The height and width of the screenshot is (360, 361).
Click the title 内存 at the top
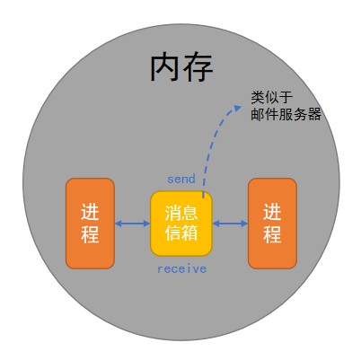pos(181,67)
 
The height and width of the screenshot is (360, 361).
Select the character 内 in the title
pos(164,67)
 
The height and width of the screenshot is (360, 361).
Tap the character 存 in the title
pos(198,67)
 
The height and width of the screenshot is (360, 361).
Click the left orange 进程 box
pos(90,224)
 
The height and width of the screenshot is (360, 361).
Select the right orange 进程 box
pos(272,224)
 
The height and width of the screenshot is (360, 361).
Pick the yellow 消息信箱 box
pos(181,224)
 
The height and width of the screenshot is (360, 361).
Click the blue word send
pos(181,179)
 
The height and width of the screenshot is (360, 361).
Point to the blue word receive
pos(182,268)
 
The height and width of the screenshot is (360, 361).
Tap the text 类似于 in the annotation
pos(272,98)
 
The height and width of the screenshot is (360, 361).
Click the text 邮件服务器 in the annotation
pos(286,114)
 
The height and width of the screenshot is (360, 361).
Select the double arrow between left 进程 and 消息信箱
pos(132,224)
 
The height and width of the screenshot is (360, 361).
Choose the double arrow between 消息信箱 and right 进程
pos(230,224)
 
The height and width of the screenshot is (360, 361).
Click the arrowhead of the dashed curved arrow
pos(238,108)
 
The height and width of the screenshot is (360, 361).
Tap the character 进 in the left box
pos(90,212)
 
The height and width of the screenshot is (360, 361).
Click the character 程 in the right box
pos(272,234)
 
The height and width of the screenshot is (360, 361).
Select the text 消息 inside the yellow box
pos(181,213)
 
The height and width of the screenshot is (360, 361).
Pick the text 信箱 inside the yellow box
pos(181,233)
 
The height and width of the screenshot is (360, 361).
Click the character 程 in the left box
pos(90,234)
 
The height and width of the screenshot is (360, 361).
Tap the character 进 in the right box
pos(272,212)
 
